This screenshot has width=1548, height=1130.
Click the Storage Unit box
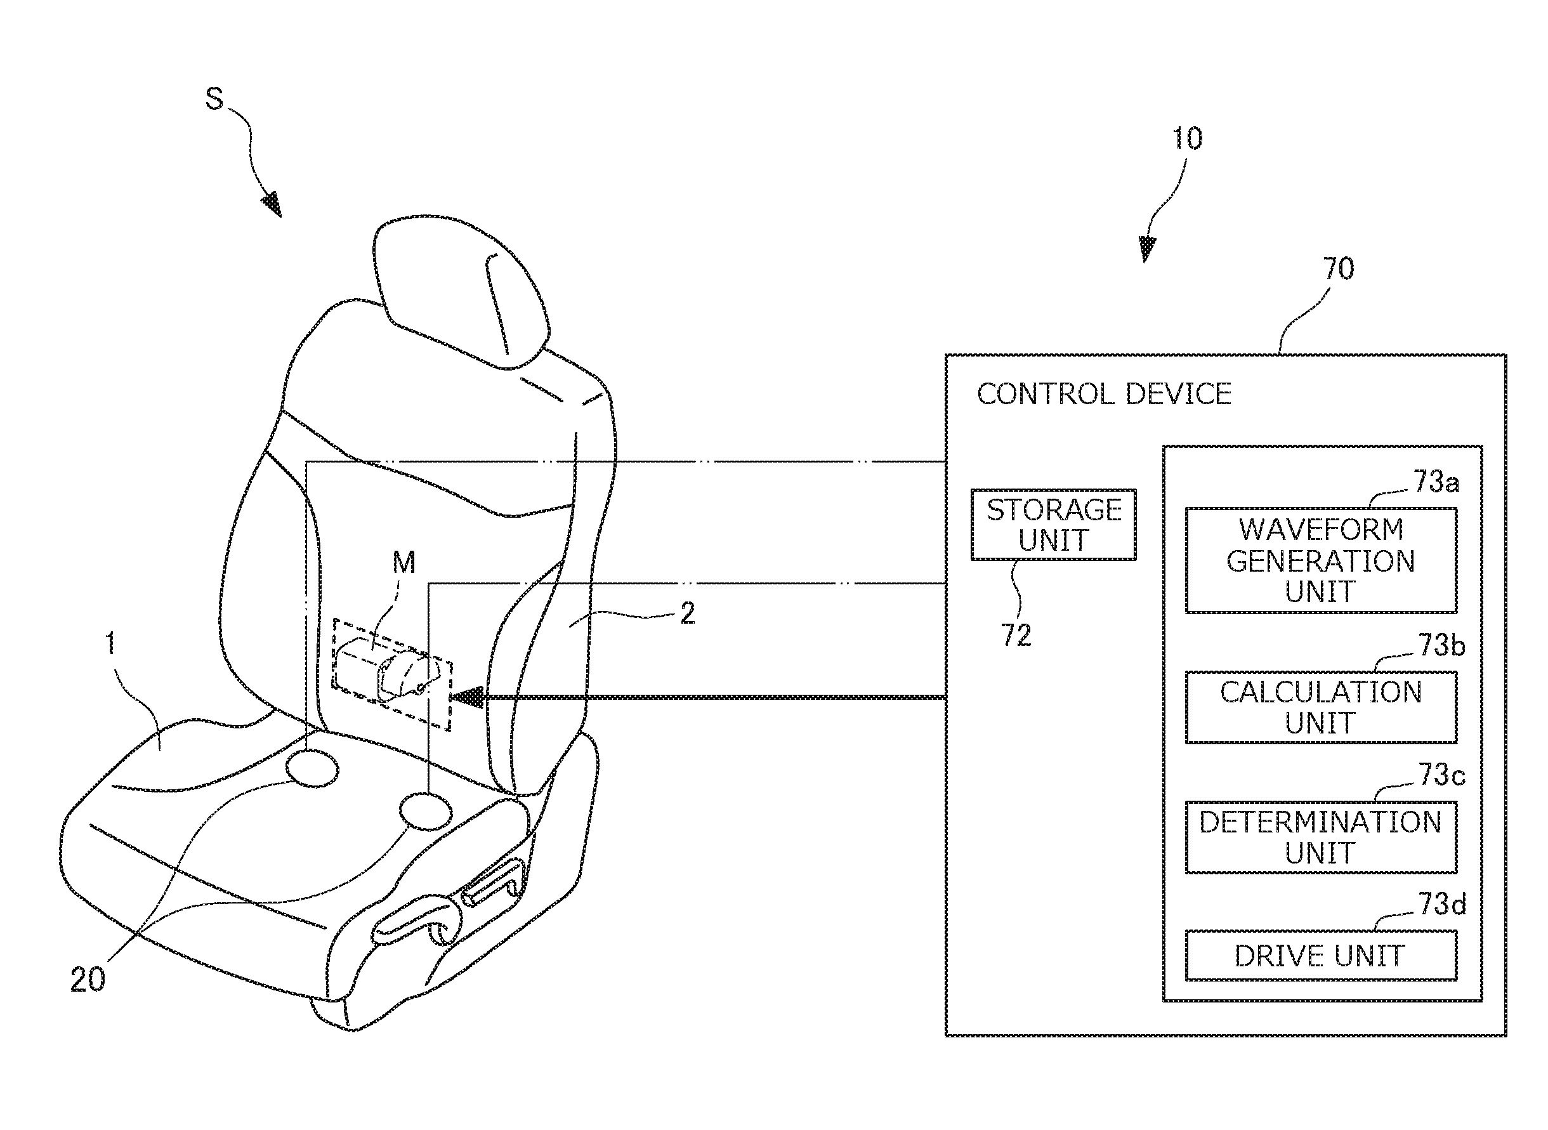1053,525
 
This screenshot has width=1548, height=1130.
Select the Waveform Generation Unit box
1320,560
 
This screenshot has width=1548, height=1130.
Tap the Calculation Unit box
1320,707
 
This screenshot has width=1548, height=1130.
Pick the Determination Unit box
1320,838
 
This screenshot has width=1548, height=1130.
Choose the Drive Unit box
1320,956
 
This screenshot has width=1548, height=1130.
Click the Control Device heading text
1103,395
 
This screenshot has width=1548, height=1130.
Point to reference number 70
1338,269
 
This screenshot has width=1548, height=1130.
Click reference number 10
1187,140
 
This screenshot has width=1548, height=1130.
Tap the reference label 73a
1436,482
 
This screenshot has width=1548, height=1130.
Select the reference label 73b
1441,645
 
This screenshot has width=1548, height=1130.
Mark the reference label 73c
1441,775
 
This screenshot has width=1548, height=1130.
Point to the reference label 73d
1442,904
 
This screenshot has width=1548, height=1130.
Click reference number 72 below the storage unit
1016,636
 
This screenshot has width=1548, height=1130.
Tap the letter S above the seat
214,99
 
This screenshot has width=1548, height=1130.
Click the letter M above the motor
403,563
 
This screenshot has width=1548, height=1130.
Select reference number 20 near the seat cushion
88,980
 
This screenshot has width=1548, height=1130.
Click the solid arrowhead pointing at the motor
466,698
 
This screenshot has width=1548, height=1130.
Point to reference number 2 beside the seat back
688,614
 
